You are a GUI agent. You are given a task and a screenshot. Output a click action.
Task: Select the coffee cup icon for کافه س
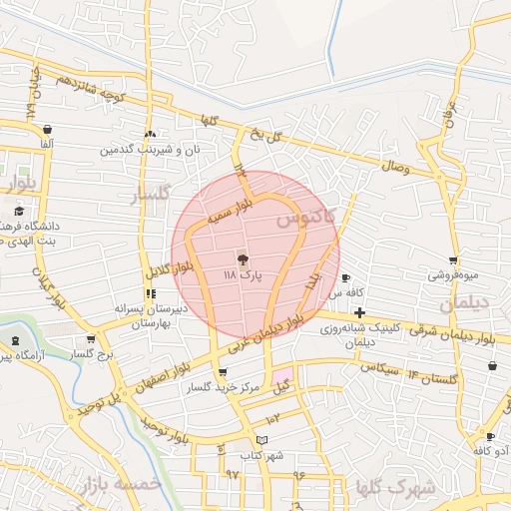[346, 278]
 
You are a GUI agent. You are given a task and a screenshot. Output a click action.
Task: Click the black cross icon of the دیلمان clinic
[359, 313]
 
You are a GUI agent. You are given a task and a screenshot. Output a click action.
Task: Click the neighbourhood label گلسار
[152, 193]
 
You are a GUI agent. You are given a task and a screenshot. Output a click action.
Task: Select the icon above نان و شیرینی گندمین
[150, 135]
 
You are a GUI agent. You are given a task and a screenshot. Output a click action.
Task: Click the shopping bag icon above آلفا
[48, 129]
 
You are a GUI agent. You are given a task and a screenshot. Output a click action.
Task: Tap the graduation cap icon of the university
[19, 211]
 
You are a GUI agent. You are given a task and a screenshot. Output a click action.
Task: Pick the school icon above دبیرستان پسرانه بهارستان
[150, 293]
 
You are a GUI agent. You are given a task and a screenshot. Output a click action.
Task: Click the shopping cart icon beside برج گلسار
[92, 338]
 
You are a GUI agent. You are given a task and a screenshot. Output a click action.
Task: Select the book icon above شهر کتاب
[261, 439]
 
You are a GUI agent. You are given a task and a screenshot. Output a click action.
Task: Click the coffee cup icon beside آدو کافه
[490, 436]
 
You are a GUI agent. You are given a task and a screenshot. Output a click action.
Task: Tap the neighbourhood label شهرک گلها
[395, 488]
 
